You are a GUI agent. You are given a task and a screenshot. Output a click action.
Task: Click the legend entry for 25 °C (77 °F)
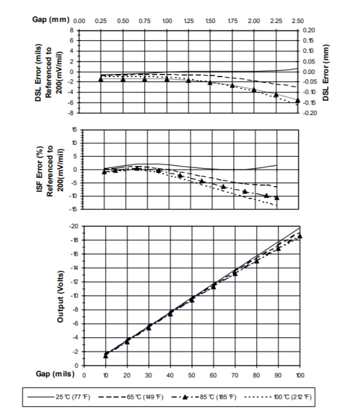click(58, 397)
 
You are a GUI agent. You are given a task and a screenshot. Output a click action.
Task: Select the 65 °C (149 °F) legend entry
click(131, 397)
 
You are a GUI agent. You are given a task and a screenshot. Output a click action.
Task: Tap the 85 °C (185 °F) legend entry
click(204, 397)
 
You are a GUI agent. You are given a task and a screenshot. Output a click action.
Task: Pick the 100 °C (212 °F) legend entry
click(279, 397)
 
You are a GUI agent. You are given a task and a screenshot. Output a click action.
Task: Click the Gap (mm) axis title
click(51, 19)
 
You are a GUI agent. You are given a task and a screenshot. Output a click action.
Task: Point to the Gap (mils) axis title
click(55, 374)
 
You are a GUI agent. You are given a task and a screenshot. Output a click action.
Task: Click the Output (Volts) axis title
click(60, 296)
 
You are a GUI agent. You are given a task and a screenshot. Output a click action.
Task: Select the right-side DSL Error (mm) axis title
click(326, 73)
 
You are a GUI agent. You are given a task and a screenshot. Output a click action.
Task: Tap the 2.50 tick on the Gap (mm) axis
click(298, 21)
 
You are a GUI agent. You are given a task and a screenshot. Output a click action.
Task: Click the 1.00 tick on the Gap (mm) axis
click(167, 21)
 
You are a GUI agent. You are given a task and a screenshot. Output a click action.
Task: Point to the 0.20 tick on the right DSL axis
click(309, 30)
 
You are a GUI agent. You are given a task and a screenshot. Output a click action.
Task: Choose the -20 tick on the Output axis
click(73, 226)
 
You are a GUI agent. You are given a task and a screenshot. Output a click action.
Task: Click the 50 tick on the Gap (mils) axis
click(192, 375)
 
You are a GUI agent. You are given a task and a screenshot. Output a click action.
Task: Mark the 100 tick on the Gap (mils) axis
click(300, 375)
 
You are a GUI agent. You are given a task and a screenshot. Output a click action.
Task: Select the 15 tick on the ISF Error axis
click(75, 129)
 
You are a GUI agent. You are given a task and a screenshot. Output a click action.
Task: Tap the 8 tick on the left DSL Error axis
click(72, 30)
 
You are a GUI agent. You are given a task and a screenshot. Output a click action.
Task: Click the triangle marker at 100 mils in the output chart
click(300, 236)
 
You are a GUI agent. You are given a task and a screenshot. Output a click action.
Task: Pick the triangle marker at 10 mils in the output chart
click(106, 356)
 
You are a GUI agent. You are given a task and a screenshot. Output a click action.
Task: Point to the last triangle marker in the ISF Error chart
click(277, 198)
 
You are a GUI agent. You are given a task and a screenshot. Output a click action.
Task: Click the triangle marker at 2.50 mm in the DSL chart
click(298, 100)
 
